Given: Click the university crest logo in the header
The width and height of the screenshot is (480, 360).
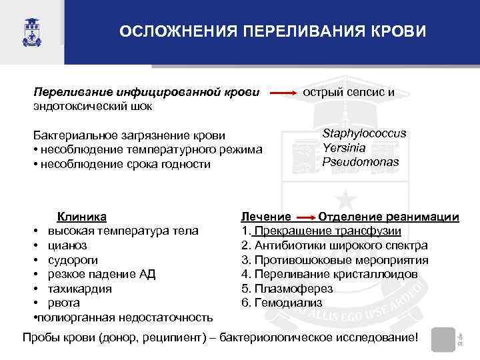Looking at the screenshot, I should pos(30,32).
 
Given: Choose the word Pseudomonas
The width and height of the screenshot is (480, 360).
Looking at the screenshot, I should pos(361,161).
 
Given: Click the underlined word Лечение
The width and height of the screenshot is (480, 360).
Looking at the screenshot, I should pos(265,217).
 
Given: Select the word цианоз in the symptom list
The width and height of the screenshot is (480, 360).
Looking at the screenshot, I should pos(67,245).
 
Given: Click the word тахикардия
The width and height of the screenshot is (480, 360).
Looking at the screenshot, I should pos(79,289).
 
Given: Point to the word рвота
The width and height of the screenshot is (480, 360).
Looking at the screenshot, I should pos(63,303).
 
